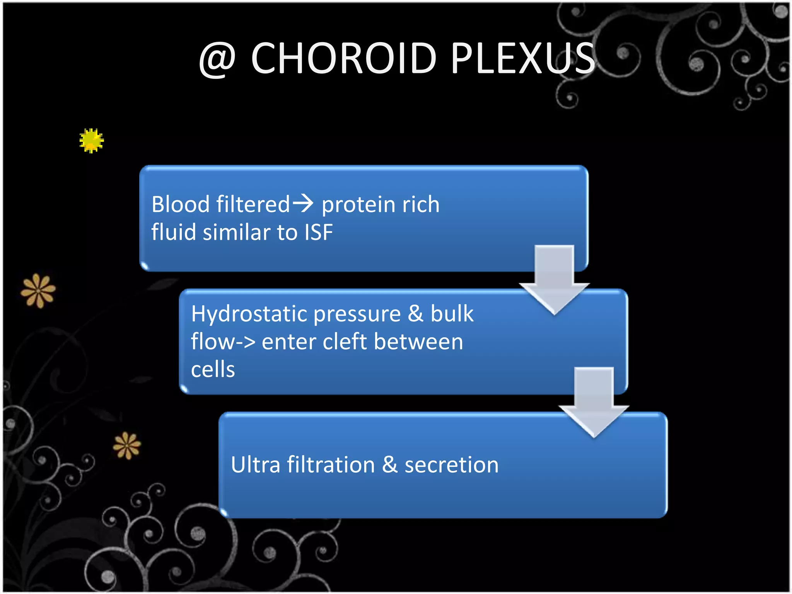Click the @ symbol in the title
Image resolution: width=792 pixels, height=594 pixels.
tap(217, 59)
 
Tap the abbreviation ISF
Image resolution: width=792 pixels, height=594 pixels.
tap(318, 232)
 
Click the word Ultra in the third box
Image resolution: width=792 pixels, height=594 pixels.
tap(255, 464)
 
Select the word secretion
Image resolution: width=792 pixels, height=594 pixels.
tap(451, 464)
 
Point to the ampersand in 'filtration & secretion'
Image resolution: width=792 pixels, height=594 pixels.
tap(389, 464)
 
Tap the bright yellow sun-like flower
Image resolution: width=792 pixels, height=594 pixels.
tap(91, 140)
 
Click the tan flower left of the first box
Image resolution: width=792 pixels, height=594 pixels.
tap(38, 290)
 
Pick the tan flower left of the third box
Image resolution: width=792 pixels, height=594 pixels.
tap(127, 445)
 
